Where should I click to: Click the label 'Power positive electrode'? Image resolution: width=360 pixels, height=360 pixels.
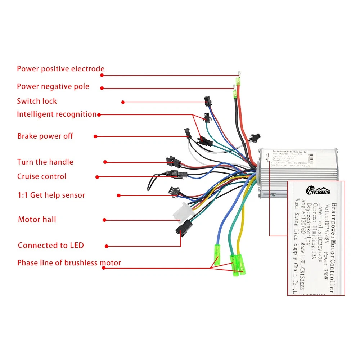(60, 69)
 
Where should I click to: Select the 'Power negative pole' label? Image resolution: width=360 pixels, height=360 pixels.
(53, 86)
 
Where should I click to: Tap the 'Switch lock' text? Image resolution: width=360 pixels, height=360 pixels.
(37, 101)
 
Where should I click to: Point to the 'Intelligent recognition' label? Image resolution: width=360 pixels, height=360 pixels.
(57, 114)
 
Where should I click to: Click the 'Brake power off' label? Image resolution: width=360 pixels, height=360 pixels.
(45, 136)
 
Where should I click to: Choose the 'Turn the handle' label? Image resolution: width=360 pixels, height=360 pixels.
(45, 162)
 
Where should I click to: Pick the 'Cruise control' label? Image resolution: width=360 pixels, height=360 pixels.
(42, 176)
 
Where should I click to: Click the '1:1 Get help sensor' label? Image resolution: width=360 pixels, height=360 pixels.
(51, 195)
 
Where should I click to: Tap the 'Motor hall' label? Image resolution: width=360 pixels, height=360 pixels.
(37, 219)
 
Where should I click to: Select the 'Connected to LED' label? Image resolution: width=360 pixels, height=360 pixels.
(51, 246)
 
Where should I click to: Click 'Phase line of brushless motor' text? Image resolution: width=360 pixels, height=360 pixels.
(69, 263)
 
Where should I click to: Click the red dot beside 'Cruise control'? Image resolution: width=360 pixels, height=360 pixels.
(97, 177)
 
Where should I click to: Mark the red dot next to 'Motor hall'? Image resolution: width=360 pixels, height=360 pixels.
(104, 220)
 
